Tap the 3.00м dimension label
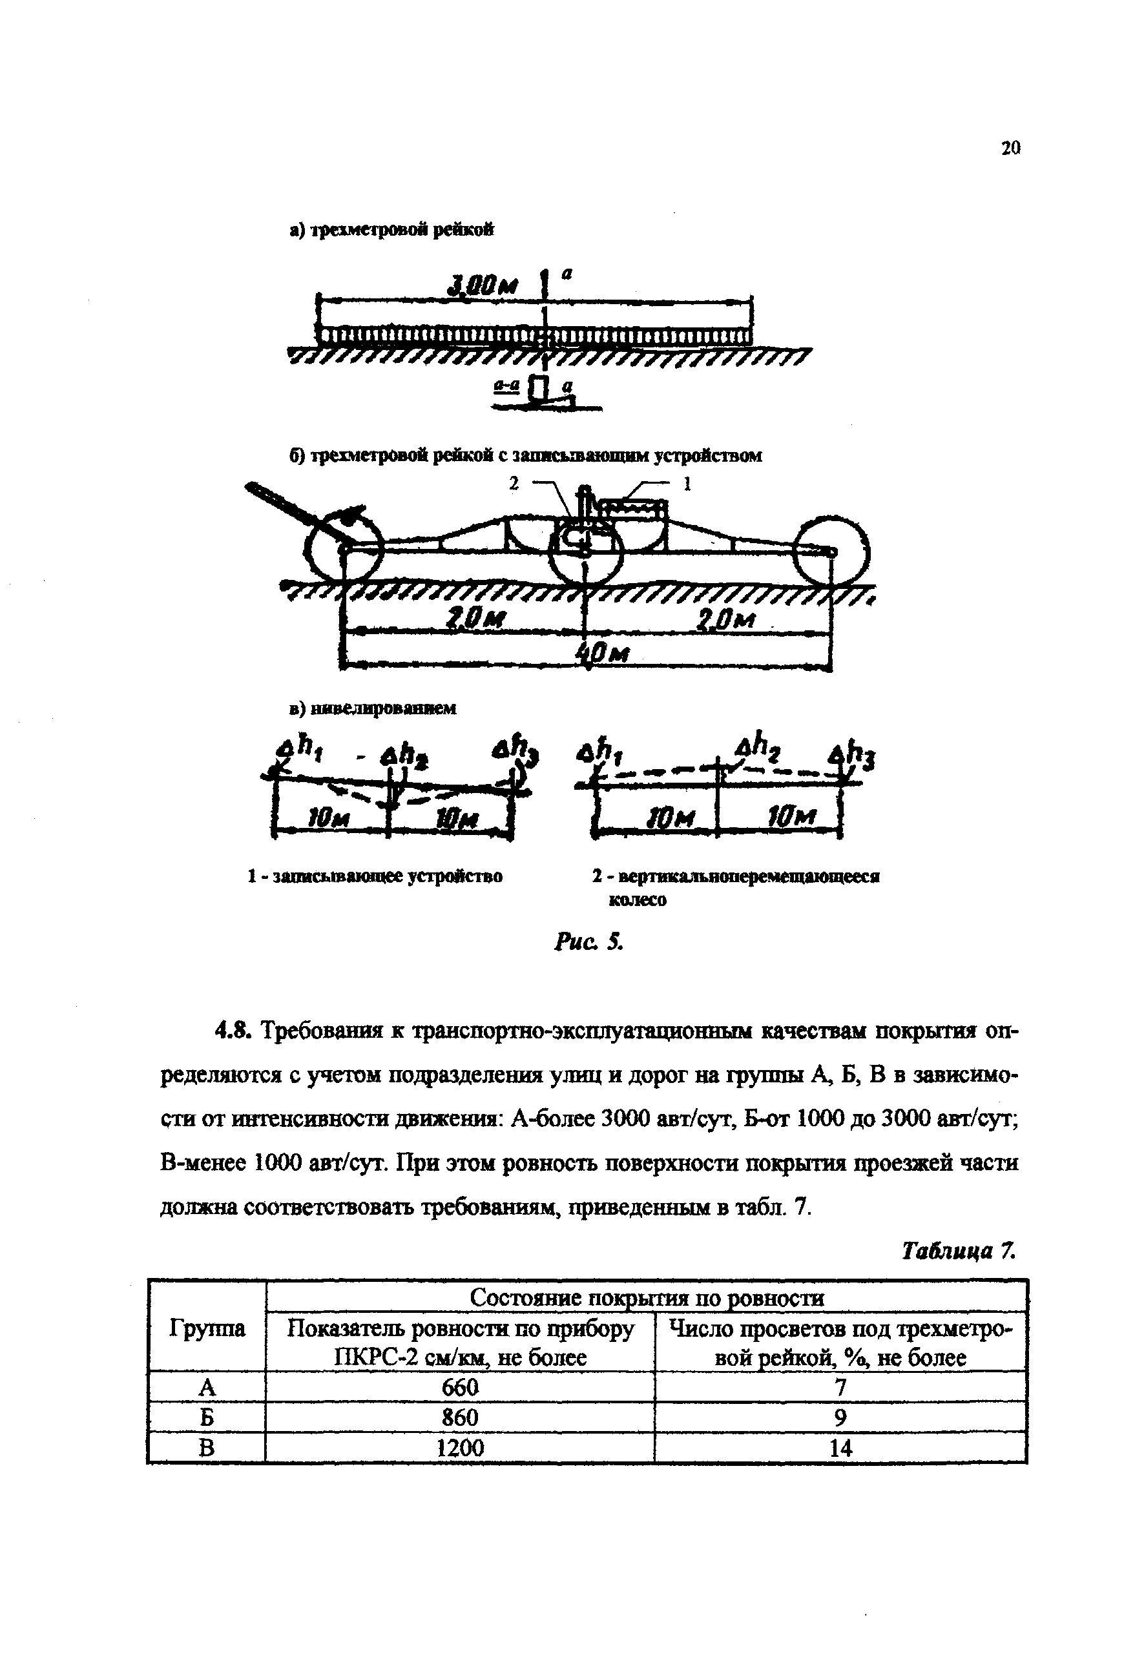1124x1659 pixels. point(481,287)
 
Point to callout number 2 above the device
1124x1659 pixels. point(513,483)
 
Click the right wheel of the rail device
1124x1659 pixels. point(831,550)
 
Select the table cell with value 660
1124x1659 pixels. point(459,1387)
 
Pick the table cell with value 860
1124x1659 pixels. point(459,1417)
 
